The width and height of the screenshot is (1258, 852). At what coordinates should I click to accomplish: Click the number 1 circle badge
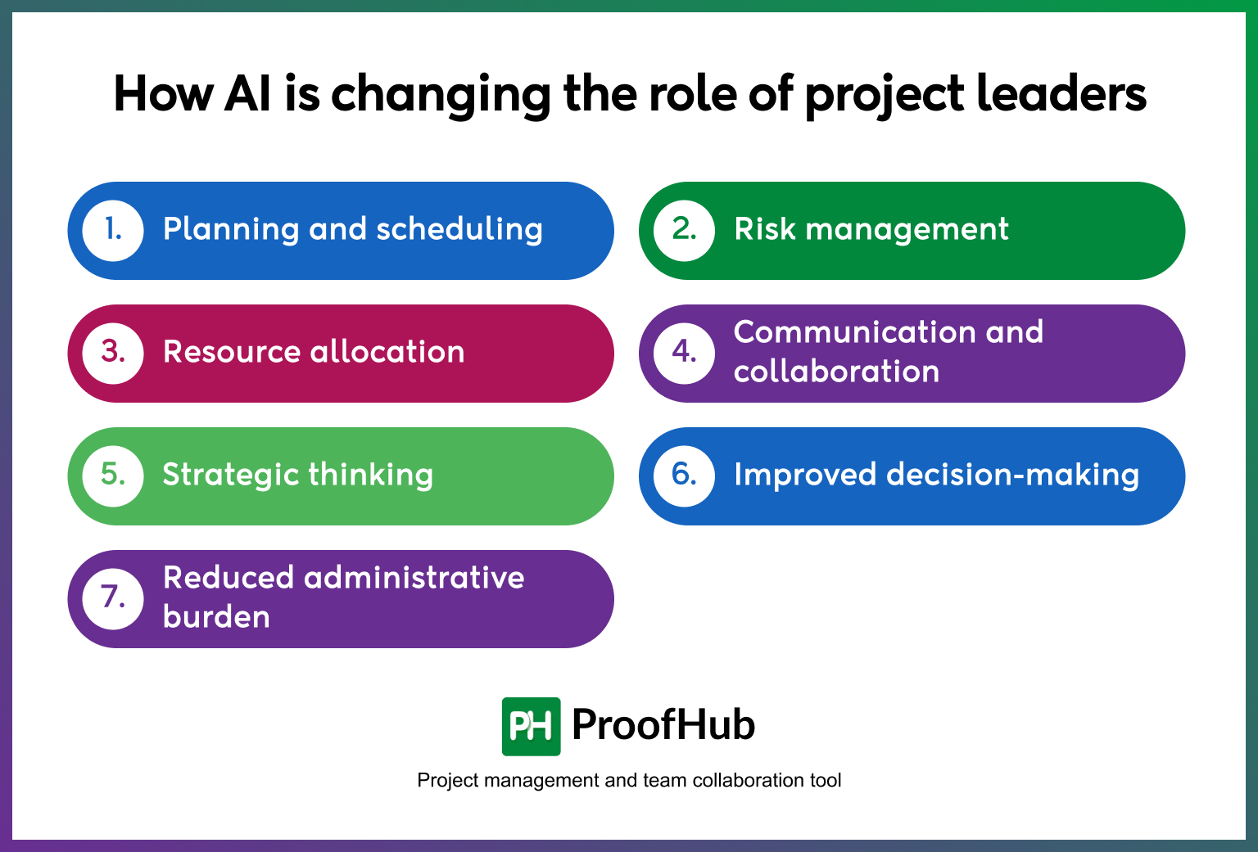(113, 231)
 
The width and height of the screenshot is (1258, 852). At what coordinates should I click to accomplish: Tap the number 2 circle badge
(685, 231)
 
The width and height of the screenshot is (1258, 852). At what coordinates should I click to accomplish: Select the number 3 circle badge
(113, 353)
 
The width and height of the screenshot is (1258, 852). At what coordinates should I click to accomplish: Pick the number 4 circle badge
(685, 353)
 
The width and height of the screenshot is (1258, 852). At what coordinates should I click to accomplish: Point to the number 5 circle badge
(113, 476)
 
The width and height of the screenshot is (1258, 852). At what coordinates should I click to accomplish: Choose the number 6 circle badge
(685, 476)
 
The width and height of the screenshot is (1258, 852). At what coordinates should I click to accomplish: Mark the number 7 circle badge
(113, 598)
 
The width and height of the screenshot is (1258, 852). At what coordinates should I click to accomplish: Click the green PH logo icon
(531, 726)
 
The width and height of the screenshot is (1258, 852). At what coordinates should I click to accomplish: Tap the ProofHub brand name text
(663, 725)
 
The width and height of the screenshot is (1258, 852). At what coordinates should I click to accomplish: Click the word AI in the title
(248, 94)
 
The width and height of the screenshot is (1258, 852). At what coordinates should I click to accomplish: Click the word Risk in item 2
(764, 230)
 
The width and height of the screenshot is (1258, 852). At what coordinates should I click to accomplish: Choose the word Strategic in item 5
(230, 476)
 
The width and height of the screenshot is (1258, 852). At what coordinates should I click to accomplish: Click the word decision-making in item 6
(1012, 476)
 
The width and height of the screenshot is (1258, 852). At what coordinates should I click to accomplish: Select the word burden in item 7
(216, 618)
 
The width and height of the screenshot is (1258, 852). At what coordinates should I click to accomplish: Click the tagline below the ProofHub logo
(629, 781)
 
